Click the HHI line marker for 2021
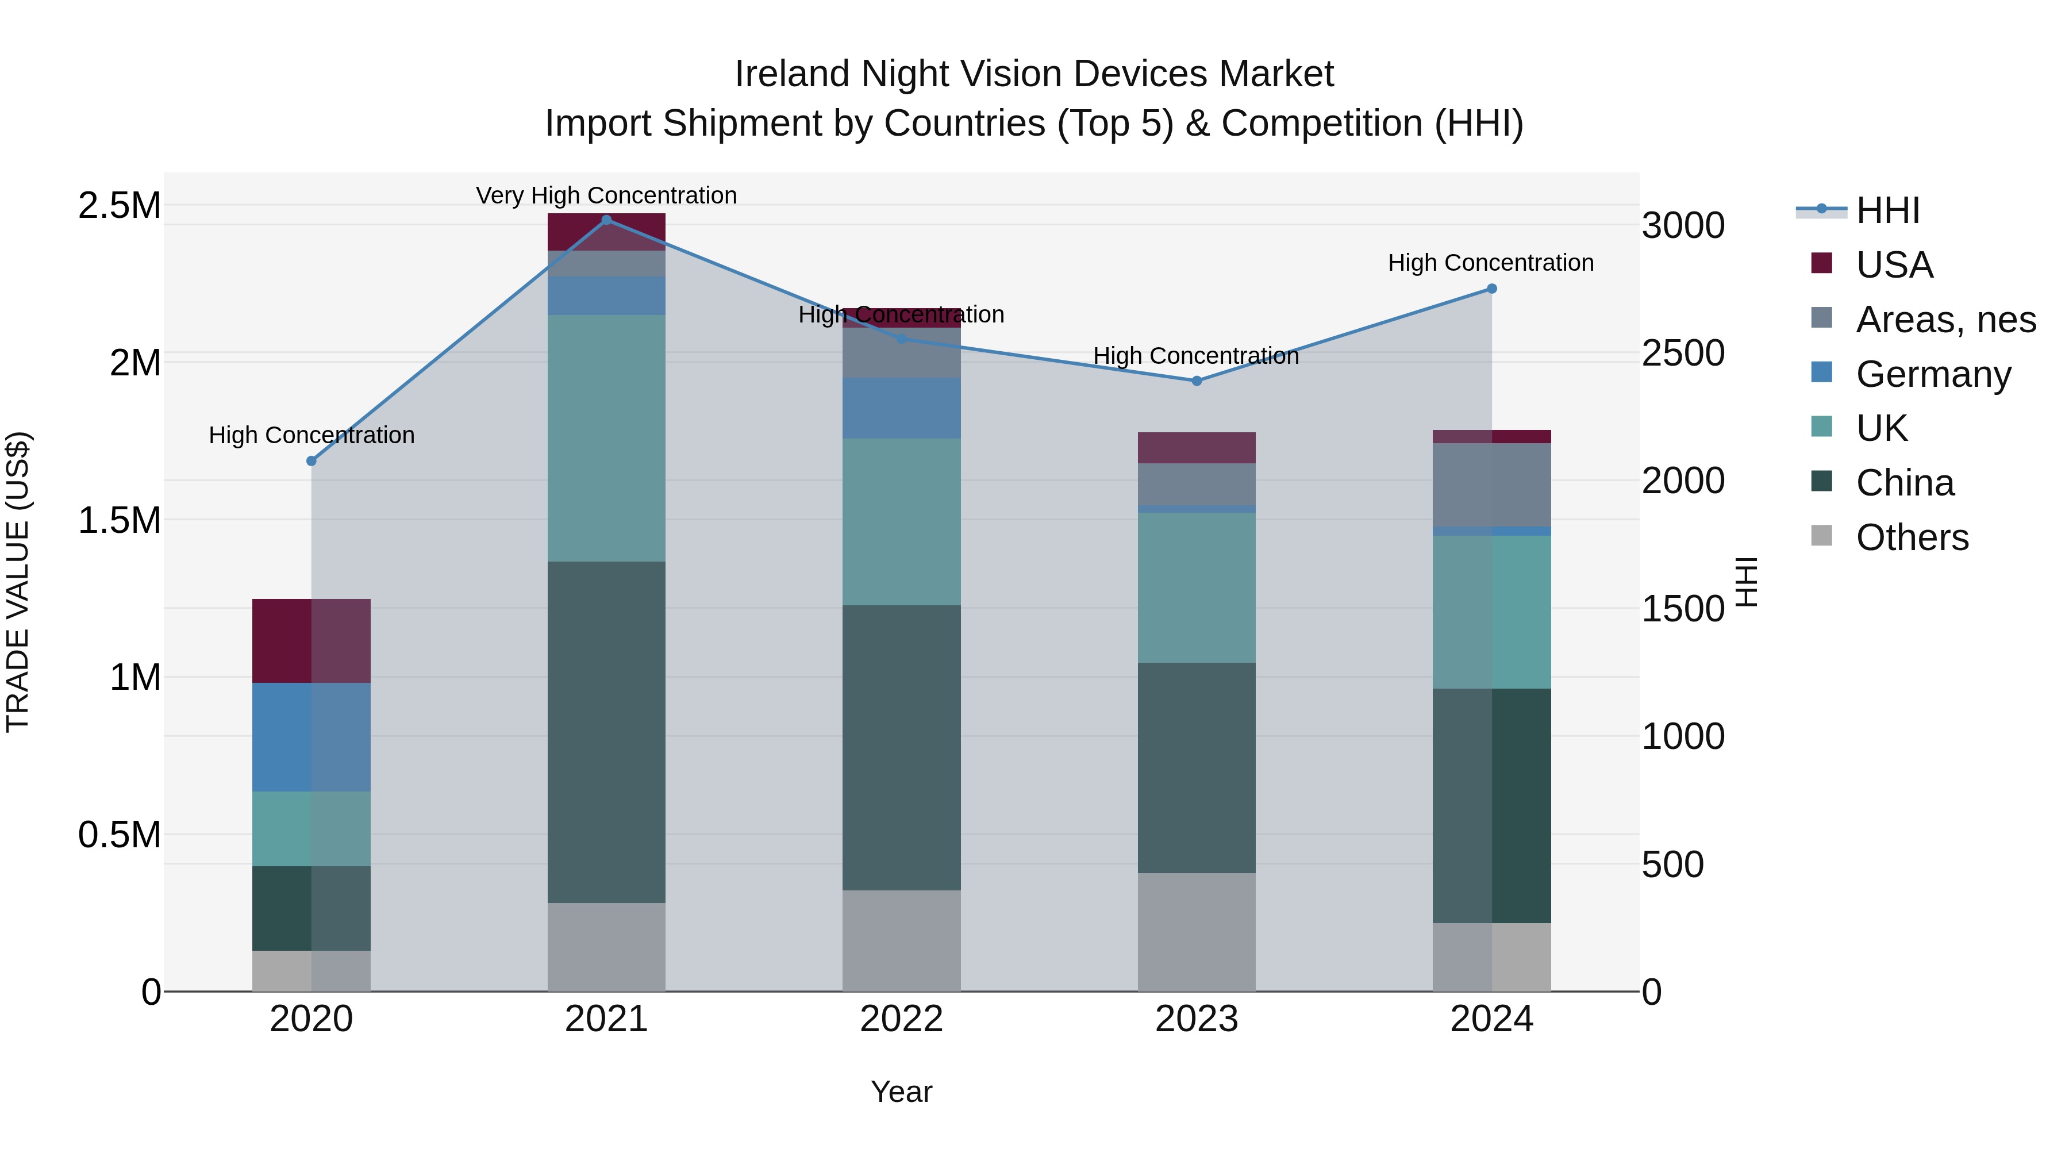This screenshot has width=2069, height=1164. (606, 220)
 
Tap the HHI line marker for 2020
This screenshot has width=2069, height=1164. (311, 461)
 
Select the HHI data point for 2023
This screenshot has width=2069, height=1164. (1197, 381)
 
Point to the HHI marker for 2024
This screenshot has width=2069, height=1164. (1491, 289)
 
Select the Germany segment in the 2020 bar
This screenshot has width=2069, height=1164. (311, 737)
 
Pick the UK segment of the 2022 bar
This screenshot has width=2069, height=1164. (901, 521)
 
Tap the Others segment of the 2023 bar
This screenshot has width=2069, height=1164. (1197, 932)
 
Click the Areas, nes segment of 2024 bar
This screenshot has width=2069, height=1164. (1491, 485)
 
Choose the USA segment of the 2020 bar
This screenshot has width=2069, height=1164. (311, 640)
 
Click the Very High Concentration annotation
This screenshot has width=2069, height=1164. (606, 195)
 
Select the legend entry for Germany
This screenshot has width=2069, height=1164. (1932, 374)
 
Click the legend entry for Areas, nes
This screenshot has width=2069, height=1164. (1944, 320)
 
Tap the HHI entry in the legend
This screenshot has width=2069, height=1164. (1887, 210)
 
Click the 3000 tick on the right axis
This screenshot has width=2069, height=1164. (1683, 226)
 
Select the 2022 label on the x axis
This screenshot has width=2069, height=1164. (901, 1019)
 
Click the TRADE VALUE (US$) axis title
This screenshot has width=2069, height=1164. (18, 582)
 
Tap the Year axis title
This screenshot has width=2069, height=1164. (901, 1092)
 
